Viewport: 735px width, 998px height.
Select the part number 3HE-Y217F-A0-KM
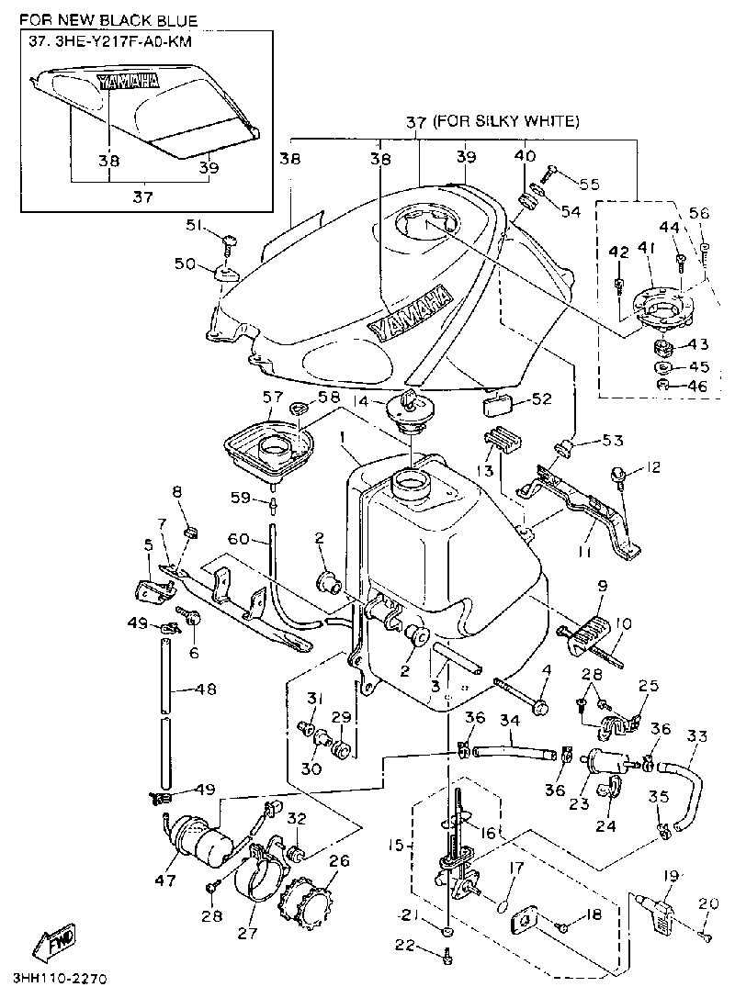(119, 42)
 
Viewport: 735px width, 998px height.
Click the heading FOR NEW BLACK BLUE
(109, 20)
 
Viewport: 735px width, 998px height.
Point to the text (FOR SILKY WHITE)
(506, 120)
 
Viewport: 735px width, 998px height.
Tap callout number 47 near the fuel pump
(166, 880)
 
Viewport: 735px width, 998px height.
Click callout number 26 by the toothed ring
(339, 861)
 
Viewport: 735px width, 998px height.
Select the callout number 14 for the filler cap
(361, 401)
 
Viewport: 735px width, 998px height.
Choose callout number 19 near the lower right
(671, 876)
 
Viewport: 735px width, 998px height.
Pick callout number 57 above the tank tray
(272, 398)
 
